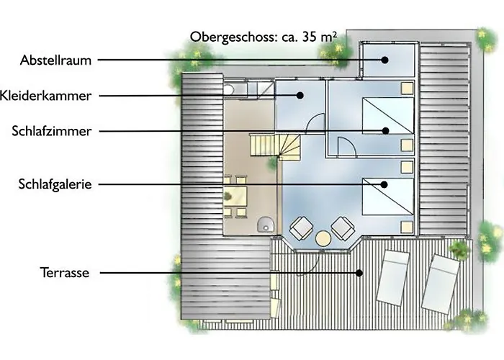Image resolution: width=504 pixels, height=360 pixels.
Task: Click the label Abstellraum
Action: click(x=55, y=60)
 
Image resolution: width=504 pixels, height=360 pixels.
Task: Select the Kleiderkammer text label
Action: click(x=45, y=96)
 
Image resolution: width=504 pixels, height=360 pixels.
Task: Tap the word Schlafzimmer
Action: click(x=52, y=131)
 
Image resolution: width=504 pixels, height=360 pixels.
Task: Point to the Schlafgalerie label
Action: click(x=55, y=184)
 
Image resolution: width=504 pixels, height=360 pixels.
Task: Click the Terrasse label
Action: click(x=65, y=273)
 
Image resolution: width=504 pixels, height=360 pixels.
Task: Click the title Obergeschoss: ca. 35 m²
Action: click(x=264, y=37)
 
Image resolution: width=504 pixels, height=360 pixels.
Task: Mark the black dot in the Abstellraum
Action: click(x=384, y=60)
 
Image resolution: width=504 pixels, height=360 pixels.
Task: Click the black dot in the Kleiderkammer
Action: click(x=300, y=96)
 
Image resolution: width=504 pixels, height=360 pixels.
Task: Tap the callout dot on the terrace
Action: click(x=359, y=273)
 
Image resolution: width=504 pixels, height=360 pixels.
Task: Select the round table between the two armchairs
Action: click(x=323, y=238)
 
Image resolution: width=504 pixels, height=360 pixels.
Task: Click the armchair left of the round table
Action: click(x=301, y=228)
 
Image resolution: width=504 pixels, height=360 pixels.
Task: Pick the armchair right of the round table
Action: click(x=343, y=228)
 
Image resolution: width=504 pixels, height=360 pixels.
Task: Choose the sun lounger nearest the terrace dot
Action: click(x=393, y=278)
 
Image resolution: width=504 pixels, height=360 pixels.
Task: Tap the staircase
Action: click(x=275, y=146)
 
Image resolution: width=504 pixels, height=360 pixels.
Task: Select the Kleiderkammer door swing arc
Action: click(x=313, y=118)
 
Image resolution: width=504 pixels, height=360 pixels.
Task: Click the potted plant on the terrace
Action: click(x=459, y=248)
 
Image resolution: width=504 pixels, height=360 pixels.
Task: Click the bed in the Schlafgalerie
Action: click(x=388, y=197)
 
